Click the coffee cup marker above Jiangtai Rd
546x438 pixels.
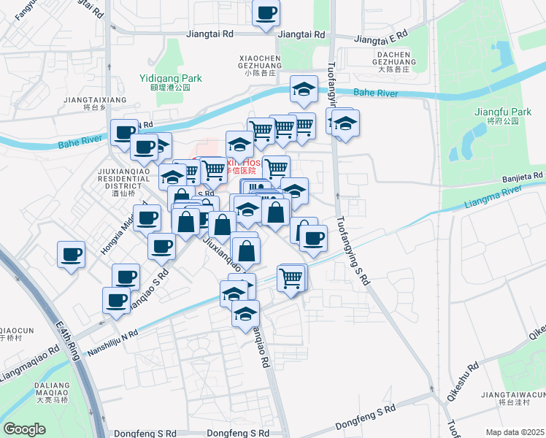pyautogui.click(x=266, y=12)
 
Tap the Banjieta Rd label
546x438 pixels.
pyautogui.click(x=523, y=177)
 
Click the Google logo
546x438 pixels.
pyautogui.click(x=24, y=429)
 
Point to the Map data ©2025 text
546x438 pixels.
pyautogui.click(x=515, y=432)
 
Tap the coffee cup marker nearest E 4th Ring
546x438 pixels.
pyautogui.click(x=71, y=255)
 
